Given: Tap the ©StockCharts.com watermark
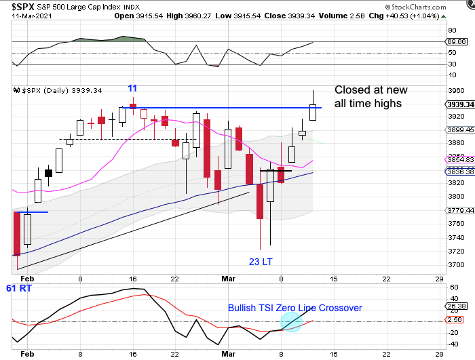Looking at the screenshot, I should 434,5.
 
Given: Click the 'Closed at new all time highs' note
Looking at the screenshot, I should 368,97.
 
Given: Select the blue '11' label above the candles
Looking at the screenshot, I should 133,88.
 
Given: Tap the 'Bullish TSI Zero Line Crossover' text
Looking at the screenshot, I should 294,308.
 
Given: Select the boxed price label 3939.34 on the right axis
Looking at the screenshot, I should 460,104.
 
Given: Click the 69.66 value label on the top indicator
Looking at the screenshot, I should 459,42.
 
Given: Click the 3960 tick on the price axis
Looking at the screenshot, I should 455,90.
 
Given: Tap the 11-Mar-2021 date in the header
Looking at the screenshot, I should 20,15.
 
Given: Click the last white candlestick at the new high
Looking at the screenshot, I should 313,112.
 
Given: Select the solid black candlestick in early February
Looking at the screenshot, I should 48,173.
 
